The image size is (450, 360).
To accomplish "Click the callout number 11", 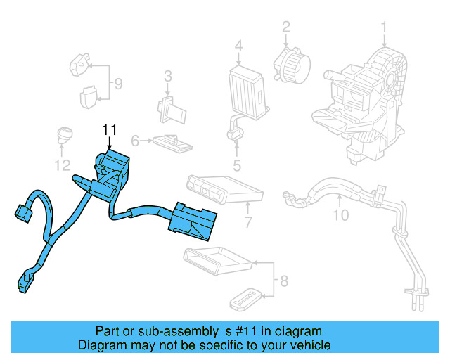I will (x=109, y=129).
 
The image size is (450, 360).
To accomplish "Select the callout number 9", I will (x=118, y=84).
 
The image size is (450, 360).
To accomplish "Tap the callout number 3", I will (x=168, y=76).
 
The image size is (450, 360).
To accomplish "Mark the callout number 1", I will (x=385, y=27).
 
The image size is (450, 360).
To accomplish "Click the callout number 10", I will (x=340, y=215).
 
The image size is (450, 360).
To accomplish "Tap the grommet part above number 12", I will (x=65, y=134).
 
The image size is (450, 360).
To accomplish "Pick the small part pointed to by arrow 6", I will (x=172, y=143).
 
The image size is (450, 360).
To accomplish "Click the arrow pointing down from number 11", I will (x=109, y=142).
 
